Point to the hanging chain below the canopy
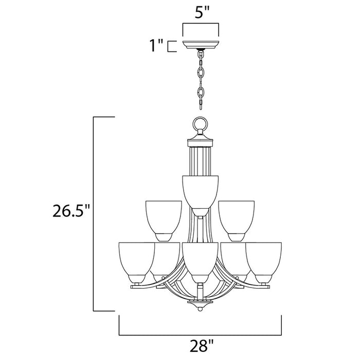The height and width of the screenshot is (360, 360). (201, 80)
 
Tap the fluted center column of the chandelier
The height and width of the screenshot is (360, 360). (201, 159)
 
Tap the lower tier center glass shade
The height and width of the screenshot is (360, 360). (201, 260)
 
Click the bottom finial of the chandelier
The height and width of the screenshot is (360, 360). (201, 307)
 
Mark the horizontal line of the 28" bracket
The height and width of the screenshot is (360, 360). (201, 332)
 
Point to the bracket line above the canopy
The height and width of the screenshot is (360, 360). (201, 25)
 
